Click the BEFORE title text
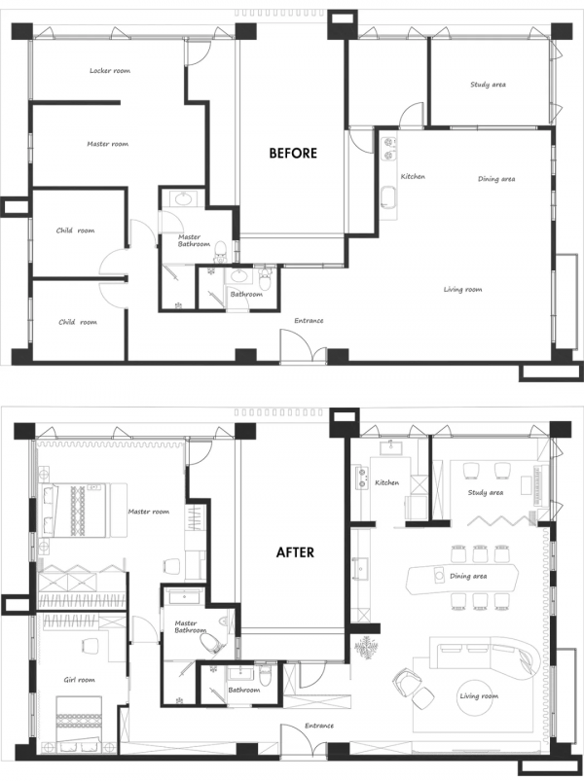293,153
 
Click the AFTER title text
295,551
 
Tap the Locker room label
109,71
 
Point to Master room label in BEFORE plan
107,144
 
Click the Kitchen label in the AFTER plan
387,482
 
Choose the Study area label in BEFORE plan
488,85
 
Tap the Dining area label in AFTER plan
468,576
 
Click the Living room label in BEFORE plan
462,289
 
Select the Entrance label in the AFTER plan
319,726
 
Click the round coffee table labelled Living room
477,696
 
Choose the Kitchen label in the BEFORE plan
413,176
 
